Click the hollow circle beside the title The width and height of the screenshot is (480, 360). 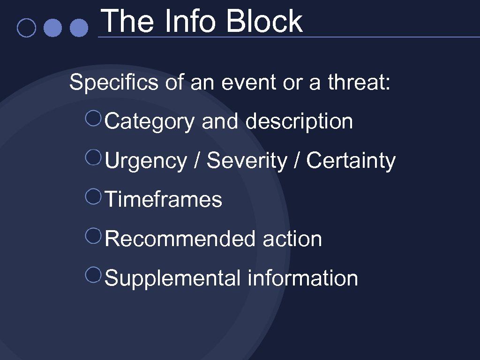click(26, 28)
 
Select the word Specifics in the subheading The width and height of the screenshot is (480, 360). click(114, 83)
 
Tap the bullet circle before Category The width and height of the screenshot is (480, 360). click(94, 118)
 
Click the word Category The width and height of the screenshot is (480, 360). click(150, 122)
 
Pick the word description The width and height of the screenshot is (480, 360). click(299, 122)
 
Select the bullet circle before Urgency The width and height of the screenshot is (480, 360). click(94, 157)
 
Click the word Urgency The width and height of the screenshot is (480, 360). click(146, 161)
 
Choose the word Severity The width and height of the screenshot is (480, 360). click(247, 161)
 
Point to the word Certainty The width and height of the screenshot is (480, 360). click(351, 161)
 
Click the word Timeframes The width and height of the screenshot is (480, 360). click(164, 200)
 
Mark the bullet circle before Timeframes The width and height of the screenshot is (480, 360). click(94, 196)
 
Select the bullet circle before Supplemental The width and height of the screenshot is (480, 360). click(94, 274)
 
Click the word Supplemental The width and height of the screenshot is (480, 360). click(173, 278)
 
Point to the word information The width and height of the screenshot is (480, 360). click(303, 278)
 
